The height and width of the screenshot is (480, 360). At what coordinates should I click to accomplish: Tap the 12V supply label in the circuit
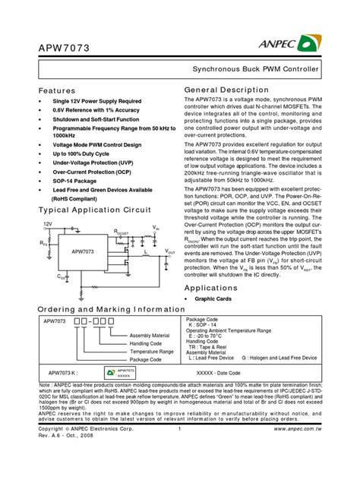click(x=47, y=224)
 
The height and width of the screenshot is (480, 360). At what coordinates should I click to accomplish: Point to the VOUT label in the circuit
click(x=170, y=250)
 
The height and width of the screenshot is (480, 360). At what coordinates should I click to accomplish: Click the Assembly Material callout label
click(x=150, y=335)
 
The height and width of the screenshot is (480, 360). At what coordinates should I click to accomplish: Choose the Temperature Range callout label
click(x=150, y=352)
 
